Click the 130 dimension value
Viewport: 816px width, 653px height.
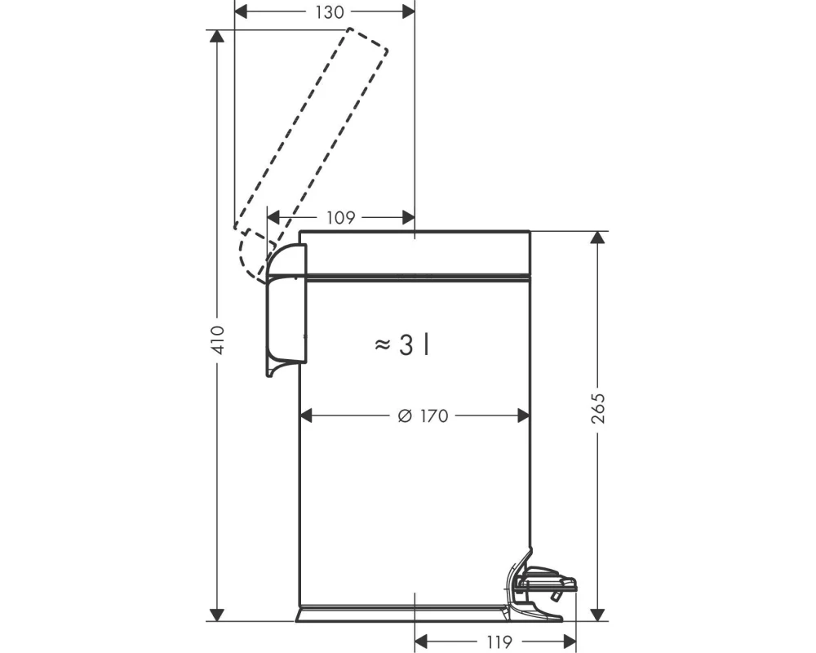(x=330, y=12)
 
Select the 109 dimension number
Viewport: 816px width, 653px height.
(x=340, y=218)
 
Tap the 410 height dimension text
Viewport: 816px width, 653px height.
(x=217, y=340)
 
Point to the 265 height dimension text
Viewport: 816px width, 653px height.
(x=598, y=408)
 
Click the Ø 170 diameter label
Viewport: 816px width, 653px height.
(x=423, y=416)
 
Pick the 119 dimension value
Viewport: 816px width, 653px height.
(x=498, y=642)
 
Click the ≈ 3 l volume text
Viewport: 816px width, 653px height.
(x=401, y=344)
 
